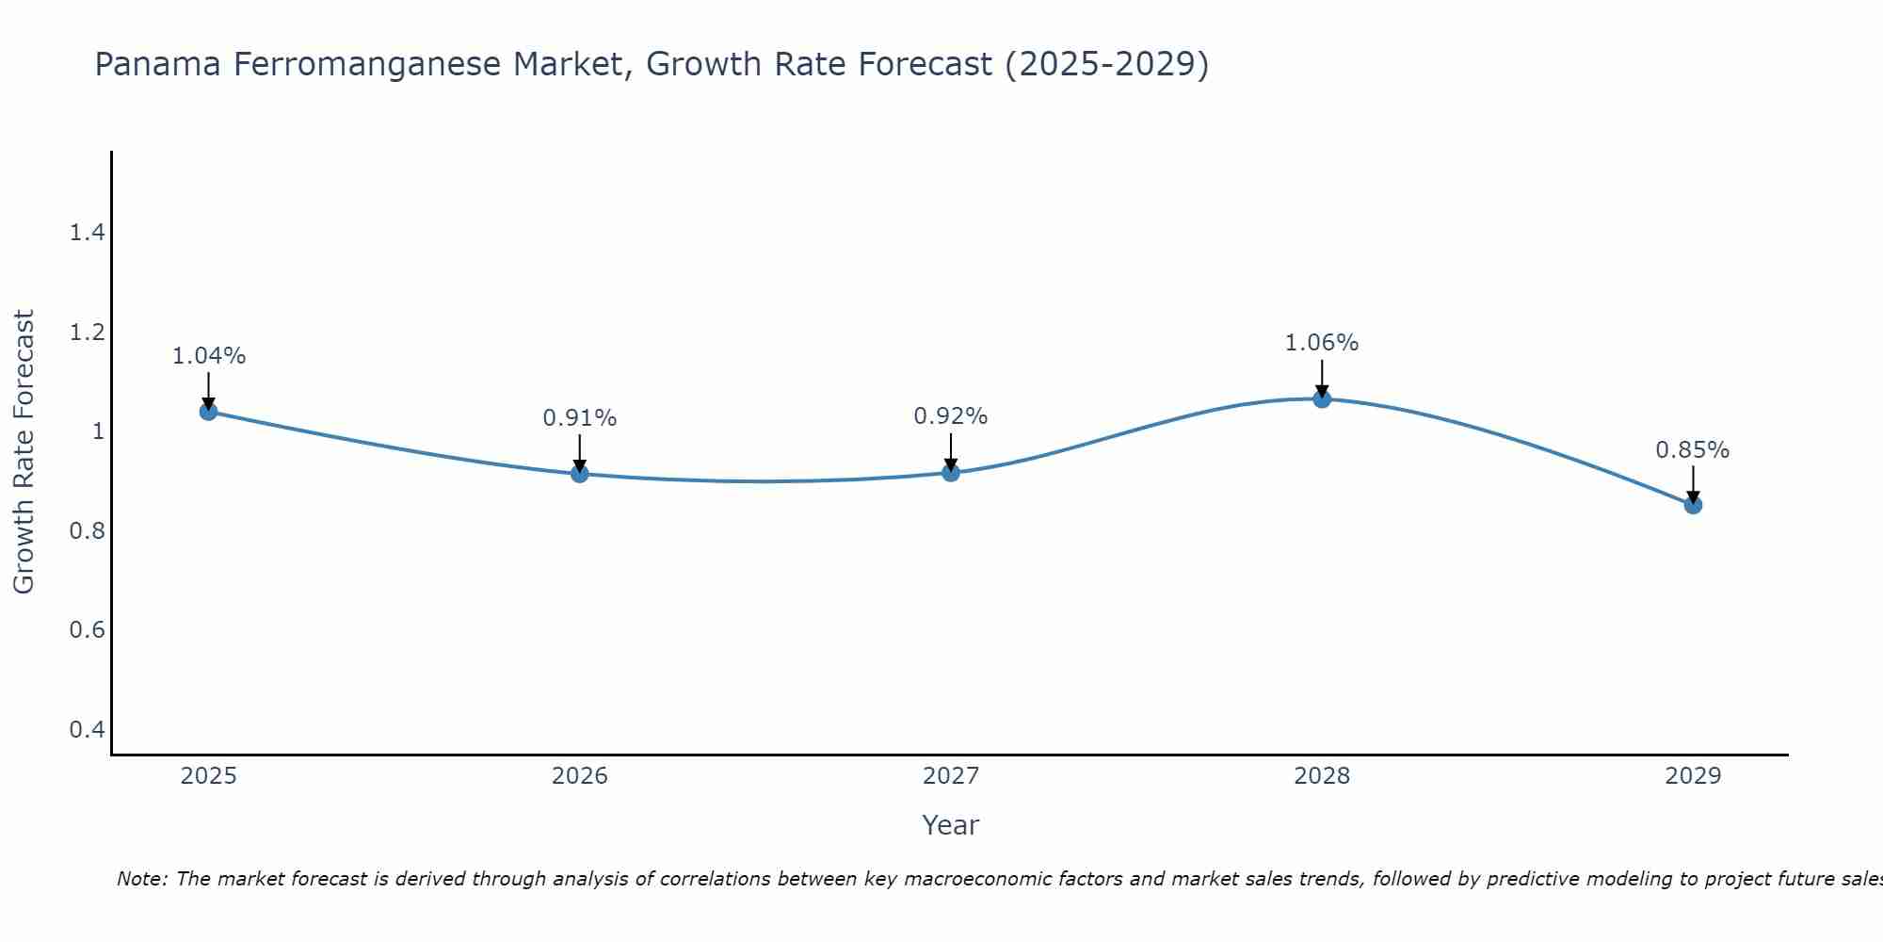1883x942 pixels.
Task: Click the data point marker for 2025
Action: point(208,412)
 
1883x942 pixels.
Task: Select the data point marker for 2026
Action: point(580,474)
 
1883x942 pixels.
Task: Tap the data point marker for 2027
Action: point(951,472)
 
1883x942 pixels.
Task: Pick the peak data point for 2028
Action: point(1322,398)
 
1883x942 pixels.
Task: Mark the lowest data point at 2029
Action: point(1693,505)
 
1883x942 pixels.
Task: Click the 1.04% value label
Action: point(208,356)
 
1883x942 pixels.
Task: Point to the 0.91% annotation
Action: point(580,418)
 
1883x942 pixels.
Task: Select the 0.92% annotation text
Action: point(951,416)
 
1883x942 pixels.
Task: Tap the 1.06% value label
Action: point(1322,343)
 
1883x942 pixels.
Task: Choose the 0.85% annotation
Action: point(1693,450)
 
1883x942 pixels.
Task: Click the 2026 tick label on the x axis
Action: point(580,776)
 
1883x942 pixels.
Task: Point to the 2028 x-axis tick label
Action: point(1322,776)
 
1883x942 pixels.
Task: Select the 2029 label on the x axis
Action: point(1693,776)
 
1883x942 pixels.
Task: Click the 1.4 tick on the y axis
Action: point(87,233)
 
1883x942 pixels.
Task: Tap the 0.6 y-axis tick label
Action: point(87,630)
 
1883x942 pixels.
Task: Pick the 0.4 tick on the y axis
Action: point(87,730)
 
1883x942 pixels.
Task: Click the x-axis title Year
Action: point(951,825)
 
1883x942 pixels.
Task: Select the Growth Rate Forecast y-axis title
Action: point(24,452)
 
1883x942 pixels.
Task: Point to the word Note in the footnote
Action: point(141,879)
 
